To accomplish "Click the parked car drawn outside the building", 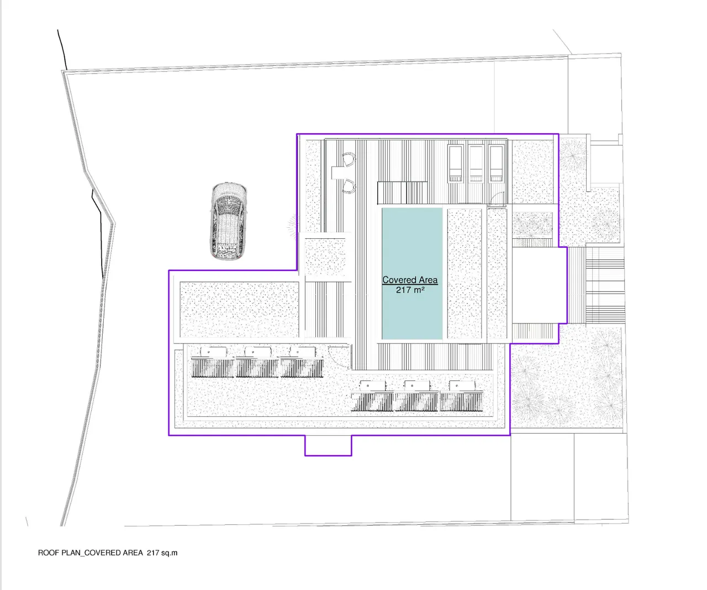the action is (228, 222).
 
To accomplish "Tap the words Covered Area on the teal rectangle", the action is (410, 280).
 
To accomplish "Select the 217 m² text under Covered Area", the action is (410, 290).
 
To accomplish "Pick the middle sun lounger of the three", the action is (476, 164).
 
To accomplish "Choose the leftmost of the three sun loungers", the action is (455, 164).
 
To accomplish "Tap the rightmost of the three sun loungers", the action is (497, 164).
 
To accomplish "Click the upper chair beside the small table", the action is (349, 159).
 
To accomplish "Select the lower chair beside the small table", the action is (349, 186).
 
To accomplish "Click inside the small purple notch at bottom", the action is (328, 445).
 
